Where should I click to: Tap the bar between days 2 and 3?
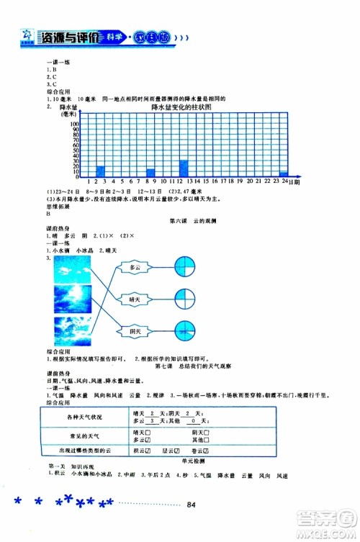click(101, 171)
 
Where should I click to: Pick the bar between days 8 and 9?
click(150, 173)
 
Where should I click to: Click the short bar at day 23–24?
click(284, 174)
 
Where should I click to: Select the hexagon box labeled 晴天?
click(135, 298)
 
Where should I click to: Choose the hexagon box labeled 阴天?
click(135, 330)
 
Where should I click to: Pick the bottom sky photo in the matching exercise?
click(71, 330)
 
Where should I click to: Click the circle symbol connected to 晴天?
click(186, 298)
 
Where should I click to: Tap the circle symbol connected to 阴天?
click(186, 330)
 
